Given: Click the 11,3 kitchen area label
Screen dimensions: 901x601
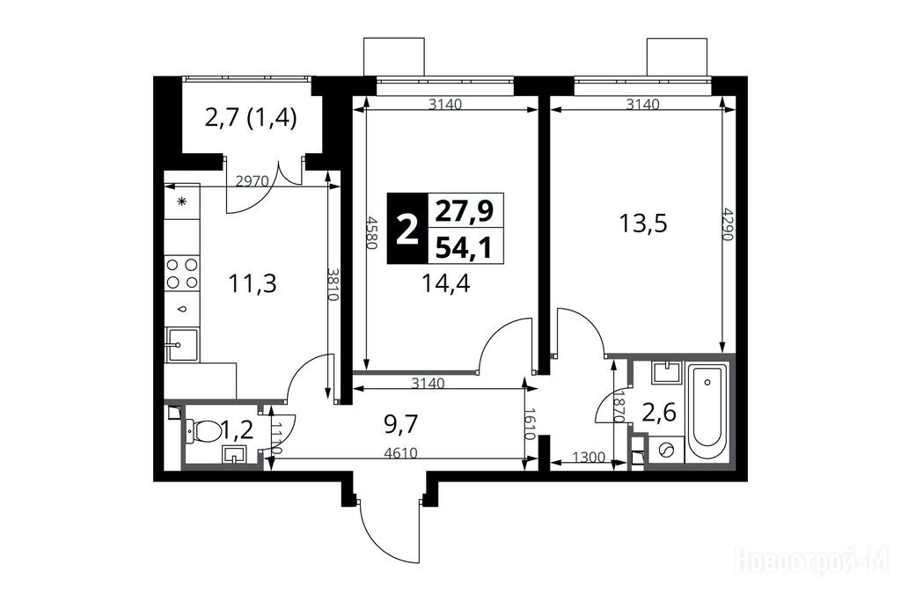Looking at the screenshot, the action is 253,283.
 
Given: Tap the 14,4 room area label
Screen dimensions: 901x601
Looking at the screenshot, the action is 446,283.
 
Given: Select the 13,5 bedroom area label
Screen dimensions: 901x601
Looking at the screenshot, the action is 643,223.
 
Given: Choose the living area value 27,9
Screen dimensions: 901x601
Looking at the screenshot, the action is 465,211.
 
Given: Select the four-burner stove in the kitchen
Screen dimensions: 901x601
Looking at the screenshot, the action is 182,274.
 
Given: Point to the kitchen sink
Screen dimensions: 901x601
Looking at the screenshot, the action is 182,345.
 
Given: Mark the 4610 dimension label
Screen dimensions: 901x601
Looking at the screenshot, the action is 401,453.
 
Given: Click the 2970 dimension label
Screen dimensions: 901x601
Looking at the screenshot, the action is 253,180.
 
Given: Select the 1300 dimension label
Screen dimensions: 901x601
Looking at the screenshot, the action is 589,458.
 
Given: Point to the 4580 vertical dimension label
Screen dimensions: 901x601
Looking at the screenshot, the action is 372,232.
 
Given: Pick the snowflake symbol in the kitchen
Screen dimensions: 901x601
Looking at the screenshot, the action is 182,202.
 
